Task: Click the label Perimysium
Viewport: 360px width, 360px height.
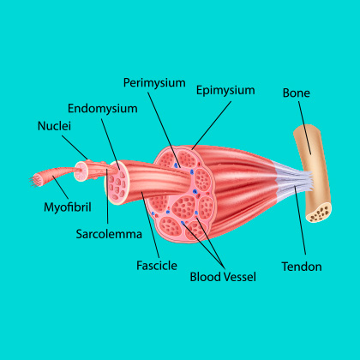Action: tap(154, 83)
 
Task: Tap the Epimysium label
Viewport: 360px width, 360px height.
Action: tap(225, 91)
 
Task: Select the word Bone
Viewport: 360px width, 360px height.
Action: tap(297, 93)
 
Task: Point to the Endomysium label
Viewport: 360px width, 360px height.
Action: tap(103, 109)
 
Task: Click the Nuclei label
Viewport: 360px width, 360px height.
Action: tap(54, 126)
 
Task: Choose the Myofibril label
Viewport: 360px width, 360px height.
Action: tap(68, 207)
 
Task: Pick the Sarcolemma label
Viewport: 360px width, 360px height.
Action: tap(109, 234)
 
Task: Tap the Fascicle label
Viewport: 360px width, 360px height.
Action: tap(157, 266)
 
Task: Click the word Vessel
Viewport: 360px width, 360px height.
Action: tap(239, 277)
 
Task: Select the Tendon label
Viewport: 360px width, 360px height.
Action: tap(302, 267)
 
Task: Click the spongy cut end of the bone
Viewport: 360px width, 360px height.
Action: tap(319, 213)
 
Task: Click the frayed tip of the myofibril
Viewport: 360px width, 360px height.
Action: tap(34, 181)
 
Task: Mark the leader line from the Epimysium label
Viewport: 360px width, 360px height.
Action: tap(212, 125)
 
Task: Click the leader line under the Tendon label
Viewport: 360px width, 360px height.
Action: tap(300, 220)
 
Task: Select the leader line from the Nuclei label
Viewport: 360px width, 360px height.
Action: tap(75, 147)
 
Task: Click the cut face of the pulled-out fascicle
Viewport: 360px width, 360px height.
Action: tap(117, 183)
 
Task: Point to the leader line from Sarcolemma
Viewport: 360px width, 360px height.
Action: tap(108, 196)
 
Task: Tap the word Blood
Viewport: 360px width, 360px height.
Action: tap(205, 277)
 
